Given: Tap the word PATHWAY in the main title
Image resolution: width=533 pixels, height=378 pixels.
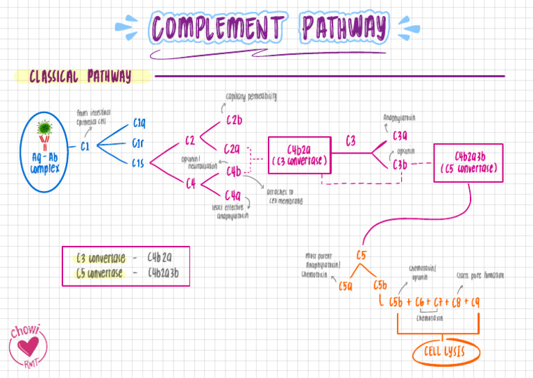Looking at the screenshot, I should point(344,28).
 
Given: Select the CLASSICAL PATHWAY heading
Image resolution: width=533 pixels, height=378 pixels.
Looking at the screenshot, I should point(80,76).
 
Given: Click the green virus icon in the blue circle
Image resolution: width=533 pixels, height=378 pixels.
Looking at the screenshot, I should point(44,129).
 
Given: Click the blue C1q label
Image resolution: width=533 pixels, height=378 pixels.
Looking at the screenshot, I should point(139,124).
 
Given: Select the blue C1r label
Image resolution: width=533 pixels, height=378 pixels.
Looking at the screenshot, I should point(138,144).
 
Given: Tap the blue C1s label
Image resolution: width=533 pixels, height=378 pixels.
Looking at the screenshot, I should point(138,163).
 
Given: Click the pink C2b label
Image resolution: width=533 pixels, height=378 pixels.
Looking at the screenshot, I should point(234,121).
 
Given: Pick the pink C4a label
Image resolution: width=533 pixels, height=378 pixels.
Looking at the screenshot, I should point(232,195).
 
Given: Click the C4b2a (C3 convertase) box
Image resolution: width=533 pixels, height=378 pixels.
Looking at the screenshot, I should point(298,155).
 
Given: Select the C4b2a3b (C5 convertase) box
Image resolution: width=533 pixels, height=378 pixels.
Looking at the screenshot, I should point(468,163).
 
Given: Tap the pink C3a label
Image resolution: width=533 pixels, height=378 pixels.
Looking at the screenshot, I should point(400,137).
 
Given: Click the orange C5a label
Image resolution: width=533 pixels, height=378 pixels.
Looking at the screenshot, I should point(346,286).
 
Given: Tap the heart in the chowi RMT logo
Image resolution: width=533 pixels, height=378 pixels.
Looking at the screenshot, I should point(29,347).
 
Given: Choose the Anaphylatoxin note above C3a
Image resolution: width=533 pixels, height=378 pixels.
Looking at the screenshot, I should point(399,118).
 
